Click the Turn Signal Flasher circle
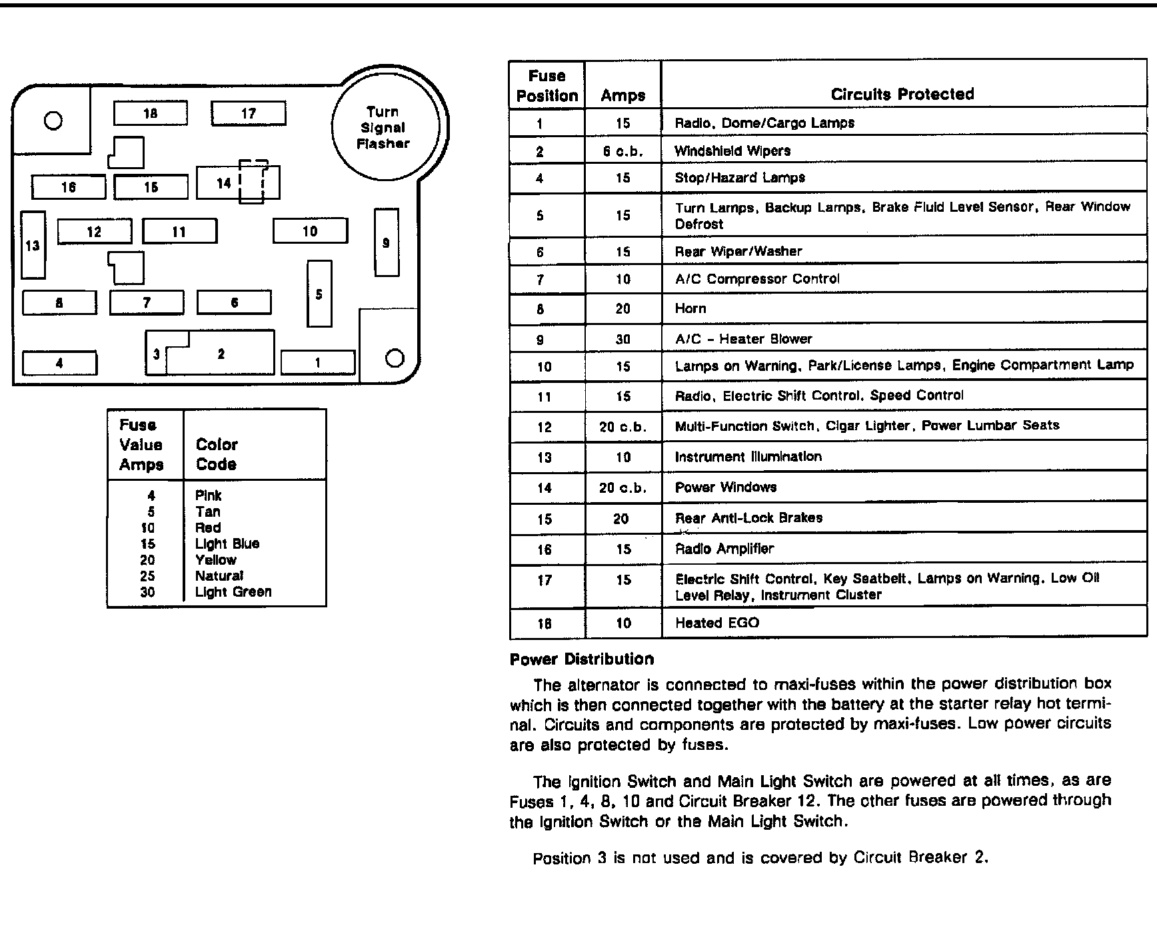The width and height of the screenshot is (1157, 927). click(385, 127)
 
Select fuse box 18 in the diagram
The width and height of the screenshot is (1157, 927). click(150, 113)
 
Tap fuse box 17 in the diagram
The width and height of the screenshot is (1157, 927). click(248, 113)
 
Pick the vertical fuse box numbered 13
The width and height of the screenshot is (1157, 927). click(33, 245)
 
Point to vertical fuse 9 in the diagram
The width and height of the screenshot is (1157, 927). click(386, 242)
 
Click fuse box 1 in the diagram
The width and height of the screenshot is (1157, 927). click(317, 362)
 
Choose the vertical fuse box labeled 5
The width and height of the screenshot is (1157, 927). click(319, 294)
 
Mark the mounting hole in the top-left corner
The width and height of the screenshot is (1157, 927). click(53, 121)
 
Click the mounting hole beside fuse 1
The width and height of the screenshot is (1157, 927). click(395, 358)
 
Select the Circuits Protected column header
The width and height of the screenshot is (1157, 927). click(902, 94)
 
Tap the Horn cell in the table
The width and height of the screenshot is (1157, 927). click(690, 308)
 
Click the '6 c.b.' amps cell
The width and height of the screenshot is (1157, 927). click(622, 151)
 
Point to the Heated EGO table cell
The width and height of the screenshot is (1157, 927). click(717, 623)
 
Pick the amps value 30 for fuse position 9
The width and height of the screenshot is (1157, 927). click(622, 339)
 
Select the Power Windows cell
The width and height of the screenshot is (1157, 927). click(726, 487)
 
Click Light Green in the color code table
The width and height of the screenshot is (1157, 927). click(233, 591)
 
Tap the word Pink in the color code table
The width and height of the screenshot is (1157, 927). click(208, 495)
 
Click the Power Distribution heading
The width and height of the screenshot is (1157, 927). click(581, 659)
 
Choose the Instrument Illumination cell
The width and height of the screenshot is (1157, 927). click(748, 457)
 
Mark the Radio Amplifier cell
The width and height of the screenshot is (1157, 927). click(724, 549)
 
